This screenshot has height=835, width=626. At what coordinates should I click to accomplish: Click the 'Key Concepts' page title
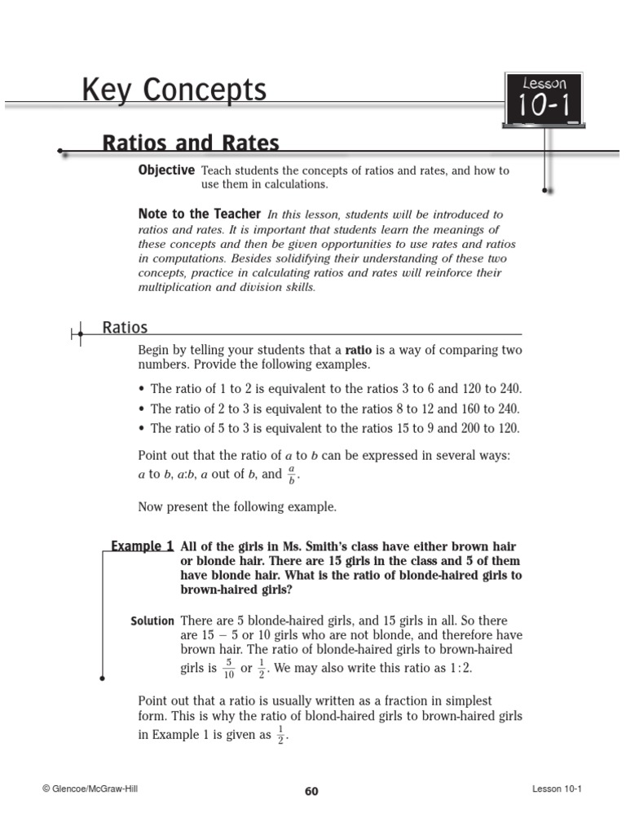click(x=174, y=91)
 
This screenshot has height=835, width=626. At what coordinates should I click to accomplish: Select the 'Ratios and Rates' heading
click(x=190, y=144)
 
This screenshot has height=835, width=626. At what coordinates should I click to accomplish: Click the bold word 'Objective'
click(x=166, y=170)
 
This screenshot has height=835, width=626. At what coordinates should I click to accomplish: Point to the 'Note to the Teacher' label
click(x=200, y=214)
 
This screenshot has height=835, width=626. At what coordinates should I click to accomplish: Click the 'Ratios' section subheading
click(x=125, y=328)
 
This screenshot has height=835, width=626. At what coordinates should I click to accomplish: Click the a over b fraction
click(x=292, y=475)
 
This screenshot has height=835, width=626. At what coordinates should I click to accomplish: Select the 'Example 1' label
click(x=142, y=546)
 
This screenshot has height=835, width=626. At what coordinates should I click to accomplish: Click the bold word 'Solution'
click(x=152, y=621)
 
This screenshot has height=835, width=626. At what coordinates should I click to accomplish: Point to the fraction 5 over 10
click(x=228, y=669)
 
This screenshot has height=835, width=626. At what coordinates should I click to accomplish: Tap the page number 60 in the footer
click(x=311, y=790)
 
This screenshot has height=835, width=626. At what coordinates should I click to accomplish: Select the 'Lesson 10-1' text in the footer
click(x=558, y=789)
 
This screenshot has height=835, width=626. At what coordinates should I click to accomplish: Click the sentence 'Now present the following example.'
click(x=236, y=506)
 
